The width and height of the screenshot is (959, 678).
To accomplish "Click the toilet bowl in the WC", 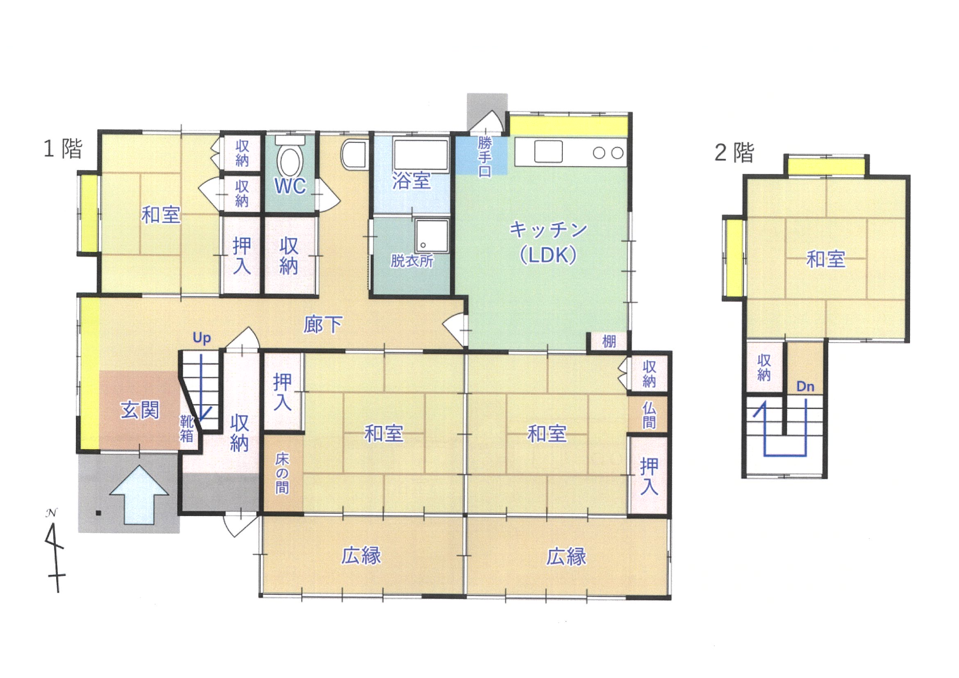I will pos(290,162).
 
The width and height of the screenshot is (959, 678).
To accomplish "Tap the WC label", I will pos(290,187).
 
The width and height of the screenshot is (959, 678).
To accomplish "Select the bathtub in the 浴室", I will pos(420,155).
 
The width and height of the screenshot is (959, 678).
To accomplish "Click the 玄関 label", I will pos(140,410).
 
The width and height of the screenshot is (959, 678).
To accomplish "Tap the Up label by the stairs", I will pos(202,338).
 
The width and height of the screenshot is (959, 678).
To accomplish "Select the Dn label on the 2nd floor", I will pos(805,387).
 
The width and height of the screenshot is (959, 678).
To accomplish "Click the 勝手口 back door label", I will pos(484,157).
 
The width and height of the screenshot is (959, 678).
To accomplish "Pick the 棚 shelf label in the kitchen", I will pos(609,342).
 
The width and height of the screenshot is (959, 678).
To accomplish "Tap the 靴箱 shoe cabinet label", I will pos(186,429).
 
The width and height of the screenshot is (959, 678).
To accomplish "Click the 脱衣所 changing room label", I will pos(412,261).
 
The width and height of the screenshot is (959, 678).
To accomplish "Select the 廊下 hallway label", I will pos(323,325).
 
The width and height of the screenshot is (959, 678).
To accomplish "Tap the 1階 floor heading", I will pos(63,149).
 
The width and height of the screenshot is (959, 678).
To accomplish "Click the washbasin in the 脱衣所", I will pos(432,236).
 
